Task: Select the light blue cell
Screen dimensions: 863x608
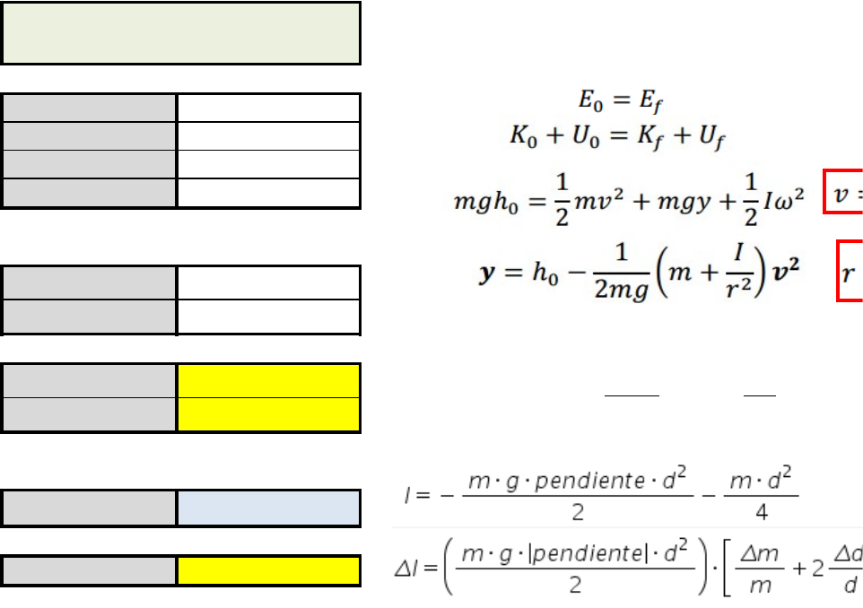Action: (x=269, y=508)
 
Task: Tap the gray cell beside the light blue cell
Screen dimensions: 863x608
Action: (x=89, y=508)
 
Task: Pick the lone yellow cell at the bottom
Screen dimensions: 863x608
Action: (x=269, y=571)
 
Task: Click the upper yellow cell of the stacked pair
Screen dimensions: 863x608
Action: (x=269, y=380)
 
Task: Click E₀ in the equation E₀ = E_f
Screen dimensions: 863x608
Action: (x=588, y=98)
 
